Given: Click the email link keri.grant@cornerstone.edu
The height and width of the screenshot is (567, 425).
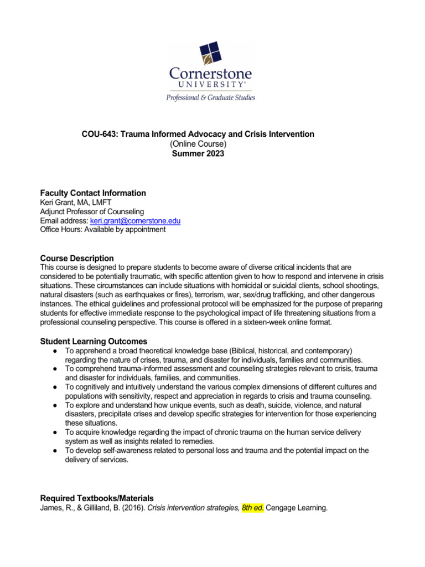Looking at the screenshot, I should click(x=135, y=221).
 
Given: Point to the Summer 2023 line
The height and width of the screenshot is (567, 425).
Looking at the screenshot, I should click(x=198, y=154).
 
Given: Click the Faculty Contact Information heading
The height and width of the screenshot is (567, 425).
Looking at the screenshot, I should click(x=93, y=193).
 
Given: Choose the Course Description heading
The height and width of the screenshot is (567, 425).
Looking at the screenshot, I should click(x=77, y=258).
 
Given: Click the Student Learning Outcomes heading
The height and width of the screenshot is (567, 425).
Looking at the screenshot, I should click(x=94, y=341).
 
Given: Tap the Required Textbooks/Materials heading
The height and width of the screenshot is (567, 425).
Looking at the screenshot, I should click(x=97, y=498).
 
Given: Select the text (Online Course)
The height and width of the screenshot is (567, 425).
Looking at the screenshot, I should click(x=198, y=144).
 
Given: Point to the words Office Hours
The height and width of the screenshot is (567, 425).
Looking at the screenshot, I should click(x=61, y=230).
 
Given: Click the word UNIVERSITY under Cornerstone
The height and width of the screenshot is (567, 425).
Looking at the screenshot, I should click(x=212, y=85).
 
